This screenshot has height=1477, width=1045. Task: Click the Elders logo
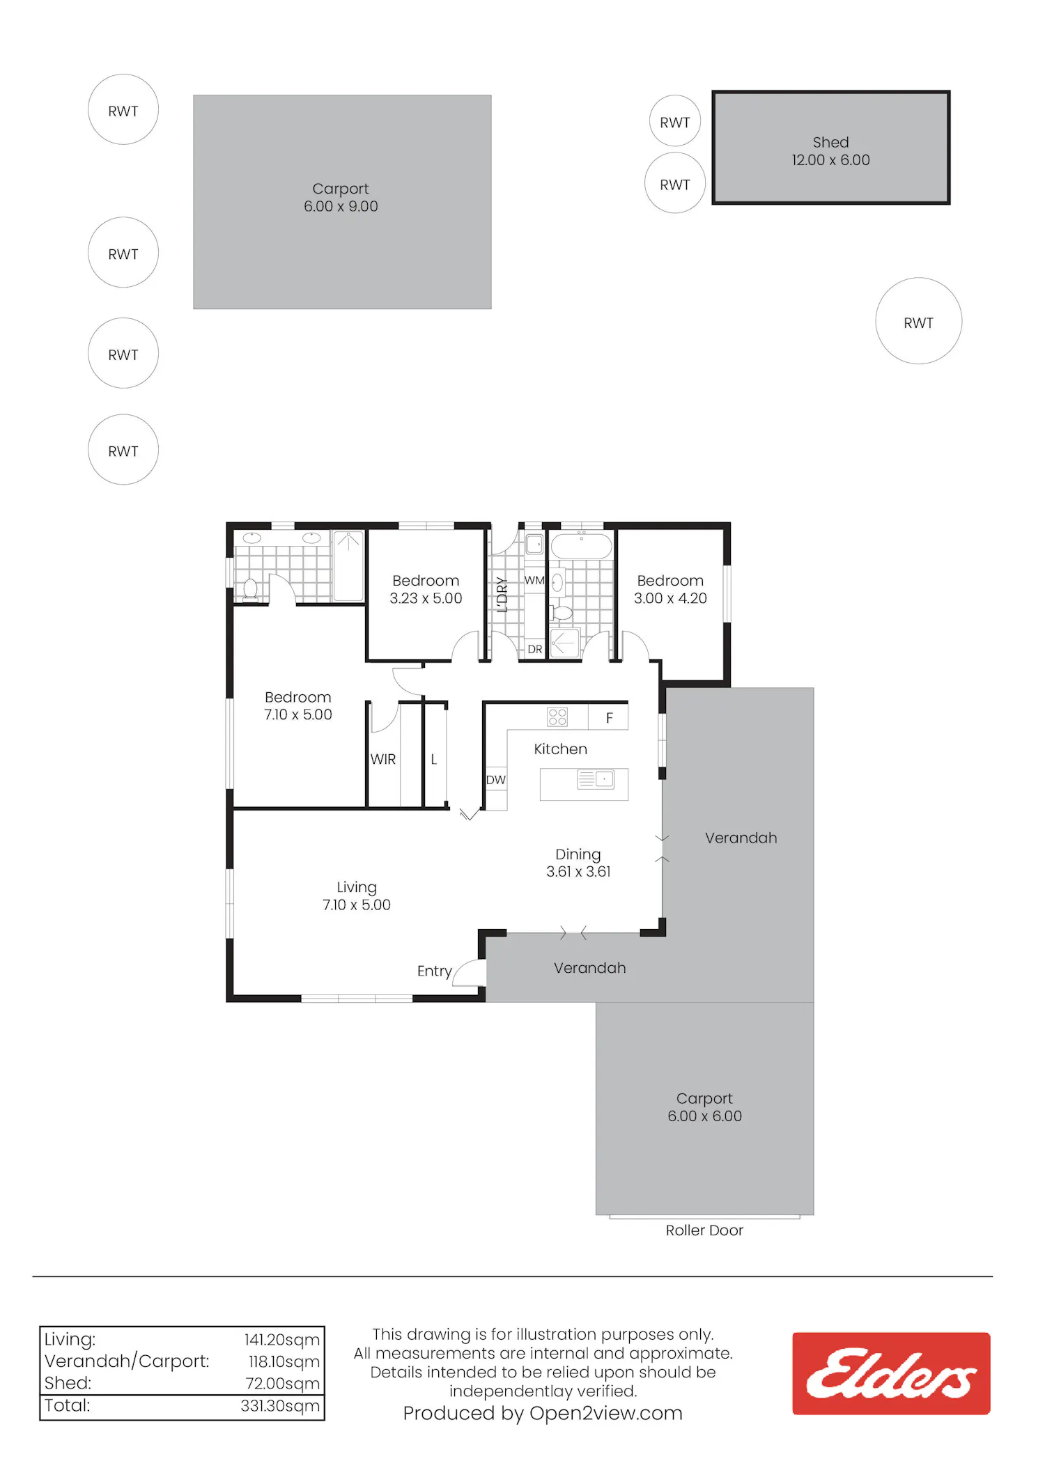[891, 1373]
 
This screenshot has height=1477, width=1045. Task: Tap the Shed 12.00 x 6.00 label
[830, 151]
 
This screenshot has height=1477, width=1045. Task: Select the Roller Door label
[704, 1230]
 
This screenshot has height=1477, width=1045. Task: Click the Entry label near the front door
[435, 971]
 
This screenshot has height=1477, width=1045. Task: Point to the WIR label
[383, 759]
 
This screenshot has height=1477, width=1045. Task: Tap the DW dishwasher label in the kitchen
[496, 780]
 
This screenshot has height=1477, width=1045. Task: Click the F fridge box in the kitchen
[608, 717]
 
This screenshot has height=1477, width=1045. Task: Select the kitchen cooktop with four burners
[557, 717]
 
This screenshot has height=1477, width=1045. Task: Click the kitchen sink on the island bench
[596, 779]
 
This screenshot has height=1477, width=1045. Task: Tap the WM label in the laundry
[534, 580]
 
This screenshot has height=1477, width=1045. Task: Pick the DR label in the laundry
[534, 649]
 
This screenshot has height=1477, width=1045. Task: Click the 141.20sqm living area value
[282, 1340]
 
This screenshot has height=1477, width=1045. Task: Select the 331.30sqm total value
[280, 1406]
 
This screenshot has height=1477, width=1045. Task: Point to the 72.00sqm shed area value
[283, 1384]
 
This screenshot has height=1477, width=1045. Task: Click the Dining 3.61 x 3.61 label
[578, 863]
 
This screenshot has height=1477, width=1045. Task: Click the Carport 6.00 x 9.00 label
[341, 197]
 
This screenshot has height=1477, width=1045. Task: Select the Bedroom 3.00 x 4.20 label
[670, 589]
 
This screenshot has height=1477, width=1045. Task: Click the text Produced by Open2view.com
[543, 1413]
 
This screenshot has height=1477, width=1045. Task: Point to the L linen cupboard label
[433, 759]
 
